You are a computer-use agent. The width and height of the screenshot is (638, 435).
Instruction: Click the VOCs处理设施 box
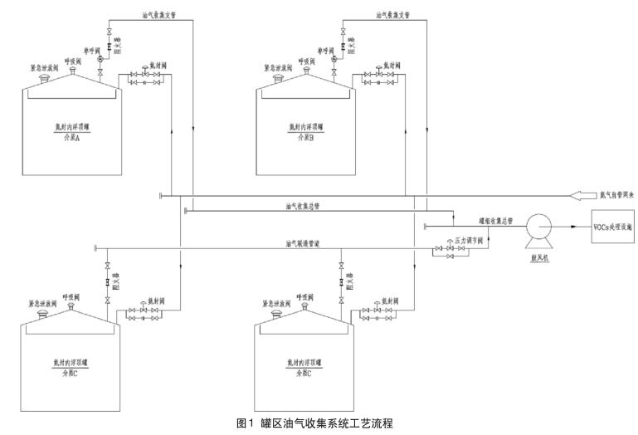[611, 225]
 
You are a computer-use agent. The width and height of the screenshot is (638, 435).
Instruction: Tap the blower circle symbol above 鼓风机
[538, 225]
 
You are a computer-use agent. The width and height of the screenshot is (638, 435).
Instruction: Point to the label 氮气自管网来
[616, 196]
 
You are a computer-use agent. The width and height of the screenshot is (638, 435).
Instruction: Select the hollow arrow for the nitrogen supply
[583, 196]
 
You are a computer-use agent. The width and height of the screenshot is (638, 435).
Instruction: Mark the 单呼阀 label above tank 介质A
[90, 51]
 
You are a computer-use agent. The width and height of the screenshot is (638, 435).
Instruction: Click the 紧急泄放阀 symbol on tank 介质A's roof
[42, 78]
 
